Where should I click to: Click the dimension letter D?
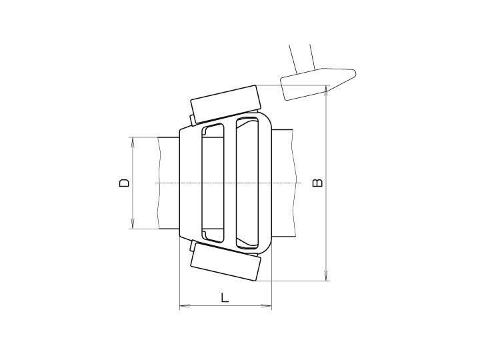pyautogui.click(x=124, y=183)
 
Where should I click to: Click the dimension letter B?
pyautogui.click(x=317, y=183)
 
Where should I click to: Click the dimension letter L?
pyautogui.click(x=225, y=297)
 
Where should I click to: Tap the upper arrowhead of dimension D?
pyautogui.click(x=133, y=142)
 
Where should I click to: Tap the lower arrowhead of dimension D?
pyautogui.click(x=133, y=224)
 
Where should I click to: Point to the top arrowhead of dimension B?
pyautogui.click(x=327, y=90)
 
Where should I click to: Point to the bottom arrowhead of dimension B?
pyautogui.click(x=327, y=276)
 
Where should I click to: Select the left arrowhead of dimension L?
pyautogui.click(x=184, y=305)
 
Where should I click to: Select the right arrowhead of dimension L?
pyautogui.click(x=267, y=305)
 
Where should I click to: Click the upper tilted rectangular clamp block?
pyautogui.click(x=226, y=103)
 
